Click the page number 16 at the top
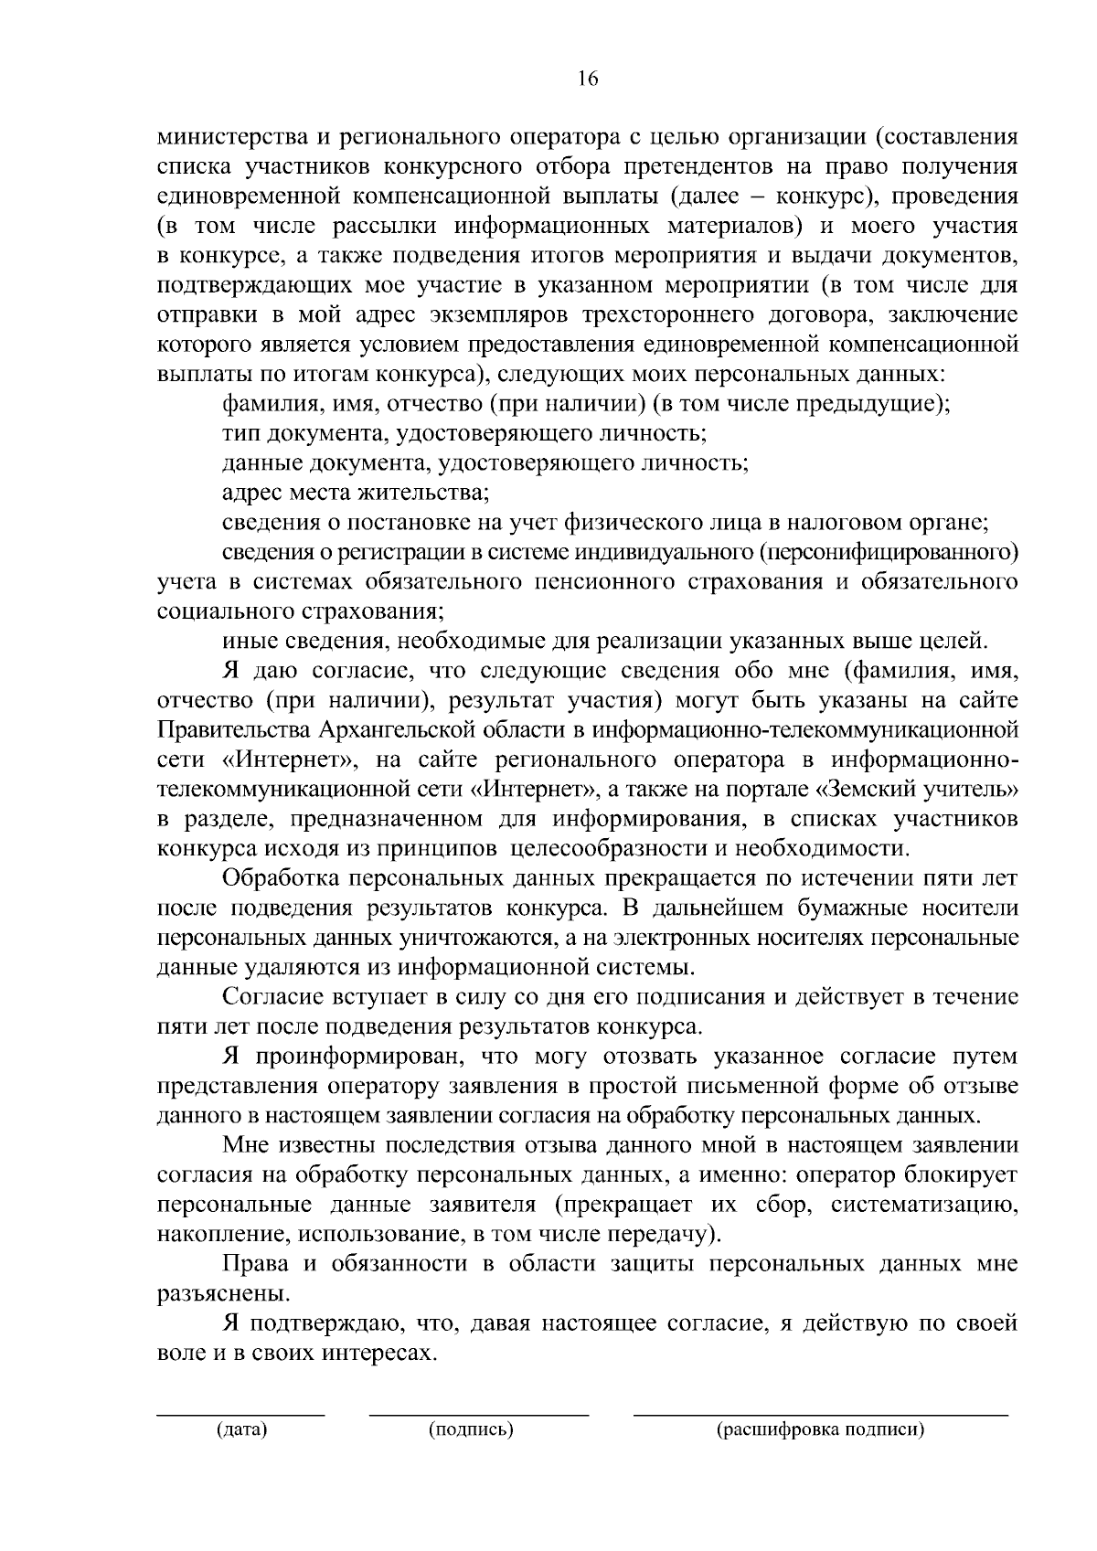point(587,79)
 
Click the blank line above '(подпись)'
point(479,1415)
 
